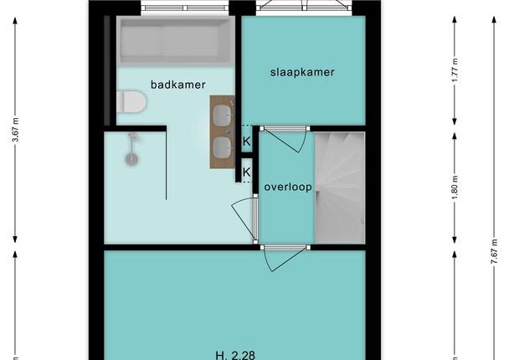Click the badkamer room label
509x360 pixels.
(x=177, y=85)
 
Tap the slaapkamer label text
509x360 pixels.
(x=302, y=72)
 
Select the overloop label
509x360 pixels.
(x=288, y=188)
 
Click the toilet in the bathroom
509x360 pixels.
(x=131, y=102)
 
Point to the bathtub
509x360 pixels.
(x=176, y=40)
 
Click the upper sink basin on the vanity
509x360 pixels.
(x=223, y=115)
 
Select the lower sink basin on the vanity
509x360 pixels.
(x=223, y=147)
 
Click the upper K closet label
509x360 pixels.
(x=247, y=141)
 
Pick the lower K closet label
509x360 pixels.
(x=247, y=172)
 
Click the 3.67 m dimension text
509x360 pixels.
(x=15, y=131)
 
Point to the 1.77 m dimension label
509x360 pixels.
(x=455, y=70)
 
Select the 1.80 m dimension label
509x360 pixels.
(x=455, y=188)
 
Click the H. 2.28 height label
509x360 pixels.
(x=236, y=355)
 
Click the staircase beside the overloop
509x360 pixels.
(x=340, y=188)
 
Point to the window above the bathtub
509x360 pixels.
(x=185, y=8)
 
